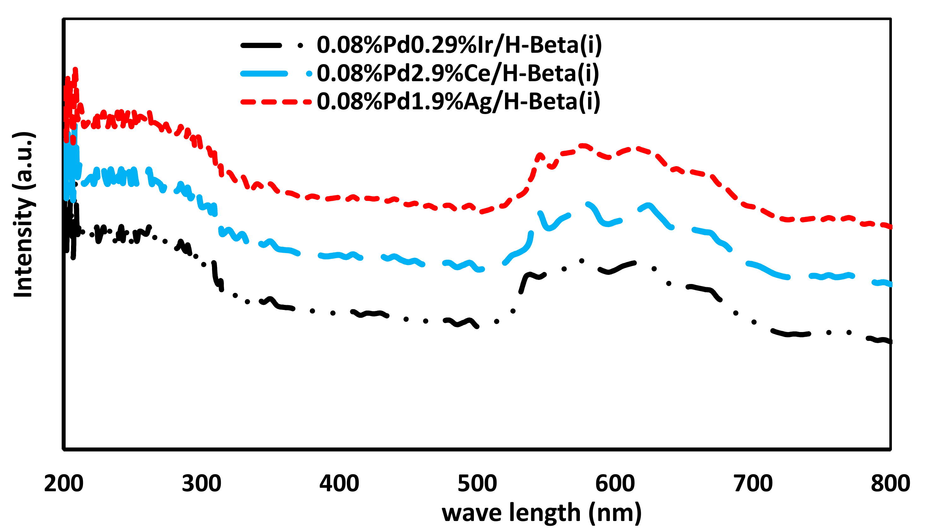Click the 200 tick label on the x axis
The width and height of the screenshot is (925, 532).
[64, 483]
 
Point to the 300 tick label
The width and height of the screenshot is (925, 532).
[201, 483]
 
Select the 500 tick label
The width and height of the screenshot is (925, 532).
[477, 483]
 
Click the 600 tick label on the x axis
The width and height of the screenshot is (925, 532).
[615, 483]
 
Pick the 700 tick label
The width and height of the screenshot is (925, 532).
[753, 483]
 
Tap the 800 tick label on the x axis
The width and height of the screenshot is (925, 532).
[890, 483]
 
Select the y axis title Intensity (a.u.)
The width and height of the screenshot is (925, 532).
[23, 215]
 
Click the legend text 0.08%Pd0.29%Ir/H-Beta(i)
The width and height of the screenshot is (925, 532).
[459, 45]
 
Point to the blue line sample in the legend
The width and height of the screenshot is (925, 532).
[264, 74]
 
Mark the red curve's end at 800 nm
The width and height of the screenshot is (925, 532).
[890, 227]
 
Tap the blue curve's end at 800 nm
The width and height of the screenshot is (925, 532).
[890, 284]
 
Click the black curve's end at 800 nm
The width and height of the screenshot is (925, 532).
[890, 342]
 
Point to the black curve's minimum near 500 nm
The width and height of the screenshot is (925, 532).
[477, 327]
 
